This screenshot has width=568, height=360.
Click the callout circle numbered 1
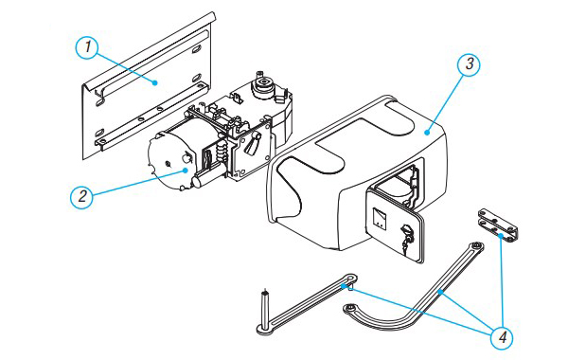(x=87, y=47)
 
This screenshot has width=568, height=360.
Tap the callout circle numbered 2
(x=81, y=197)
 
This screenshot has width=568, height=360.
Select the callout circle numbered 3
(x=470, y=64)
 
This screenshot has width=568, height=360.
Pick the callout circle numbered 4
(x=503, y=338)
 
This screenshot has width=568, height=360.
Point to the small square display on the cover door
(x=380, y=218)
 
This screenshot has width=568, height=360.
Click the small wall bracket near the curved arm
(x=498, y=225)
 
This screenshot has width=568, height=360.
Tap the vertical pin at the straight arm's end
(x=265, y=308)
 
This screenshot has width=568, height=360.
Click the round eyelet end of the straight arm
(x=349, y=279)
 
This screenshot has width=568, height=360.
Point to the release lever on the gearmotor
(x=252, y=144)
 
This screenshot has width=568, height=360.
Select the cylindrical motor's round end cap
(x=169, y=162)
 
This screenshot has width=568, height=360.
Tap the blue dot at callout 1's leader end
(x=155, y=82)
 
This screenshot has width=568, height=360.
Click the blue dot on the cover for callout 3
(x=428, y=133)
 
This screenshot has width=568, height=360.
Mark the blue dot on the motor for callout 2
(x=186, y=170)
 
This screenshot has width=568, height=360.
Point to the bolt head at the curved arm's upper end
(x=477, y=246)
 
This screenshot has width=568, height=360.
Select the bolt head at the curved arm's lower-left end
(x=350, y=308)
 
